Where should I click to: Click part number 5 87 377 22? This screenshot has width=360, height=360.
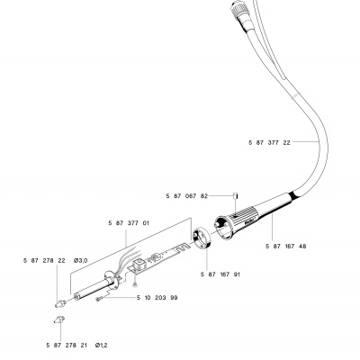(269, 142)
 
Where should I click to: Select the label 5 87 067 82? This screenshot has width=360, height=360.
(187, 196)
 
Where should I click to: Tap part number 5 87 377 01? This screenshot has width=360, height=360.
(129, 223)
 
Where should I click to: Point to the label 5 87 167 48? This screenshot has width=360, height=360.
(286, 247)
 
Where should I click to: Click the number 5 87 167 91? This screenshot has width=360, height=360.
(220, 274)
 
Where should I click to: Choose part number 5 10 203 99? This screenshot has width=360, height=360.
(157, 298)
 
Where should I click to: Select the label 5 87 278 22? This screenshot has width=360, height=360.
(44, 260)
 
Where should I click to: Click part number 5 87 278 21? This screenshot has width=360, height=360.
(67, 346)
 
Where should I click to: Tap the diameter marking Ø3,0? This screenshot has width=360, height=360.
(81, 260)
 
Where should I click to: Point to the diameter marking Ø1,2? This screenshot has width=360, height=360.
(102, 346)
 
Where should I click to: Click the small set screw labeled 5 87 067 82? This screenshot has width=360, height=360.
(236, 196)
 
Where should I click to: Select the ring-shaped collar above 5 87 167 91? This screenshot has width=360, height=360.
(202, 238)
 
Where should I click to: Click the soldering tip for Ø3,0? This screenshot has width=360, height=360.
(60, 303)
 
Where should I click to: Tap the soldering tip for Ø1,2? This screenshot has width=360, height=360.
(59, 319)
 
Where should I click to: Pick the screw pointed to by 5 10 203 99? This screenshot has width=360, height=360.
(100, 299)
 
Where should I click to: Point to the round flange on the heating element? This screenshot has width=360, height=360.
(111, 280)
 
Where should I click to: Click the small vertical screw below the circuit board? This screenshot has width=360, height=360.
(135, 283)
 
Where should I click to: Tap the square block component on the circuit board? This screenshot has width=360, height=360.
(139, 264)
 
